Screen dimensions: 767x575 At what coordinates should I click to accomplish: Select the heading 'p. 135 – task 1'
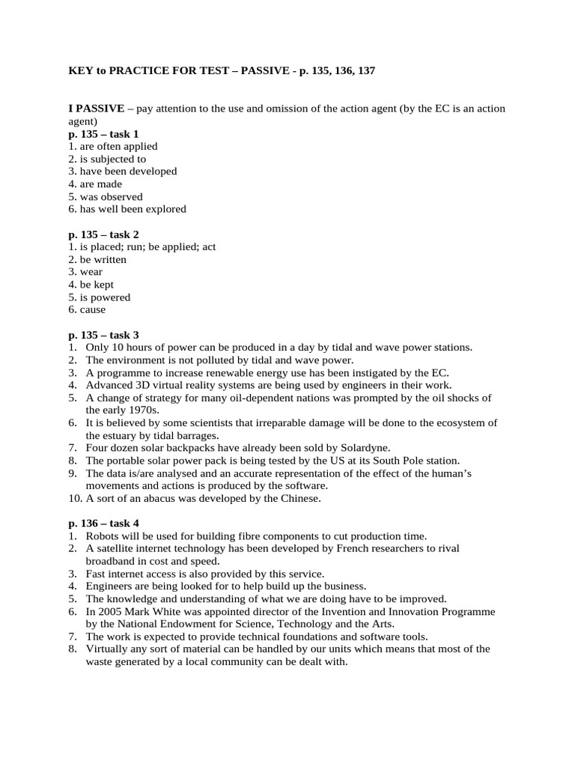103,133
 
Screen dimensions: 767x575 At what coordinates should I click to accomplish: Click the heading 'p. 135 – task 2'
103,234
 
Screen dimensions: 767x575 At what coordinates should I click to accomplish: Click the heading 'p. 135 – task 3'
103,335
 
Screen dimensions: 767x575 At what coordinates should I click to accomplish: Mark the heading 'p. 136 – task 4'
103,524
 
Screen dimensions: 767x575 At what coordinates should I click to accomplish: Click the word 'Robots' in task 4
102,536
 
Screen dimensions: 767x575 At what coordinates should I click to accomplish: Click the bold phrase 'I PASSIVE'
97,109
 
